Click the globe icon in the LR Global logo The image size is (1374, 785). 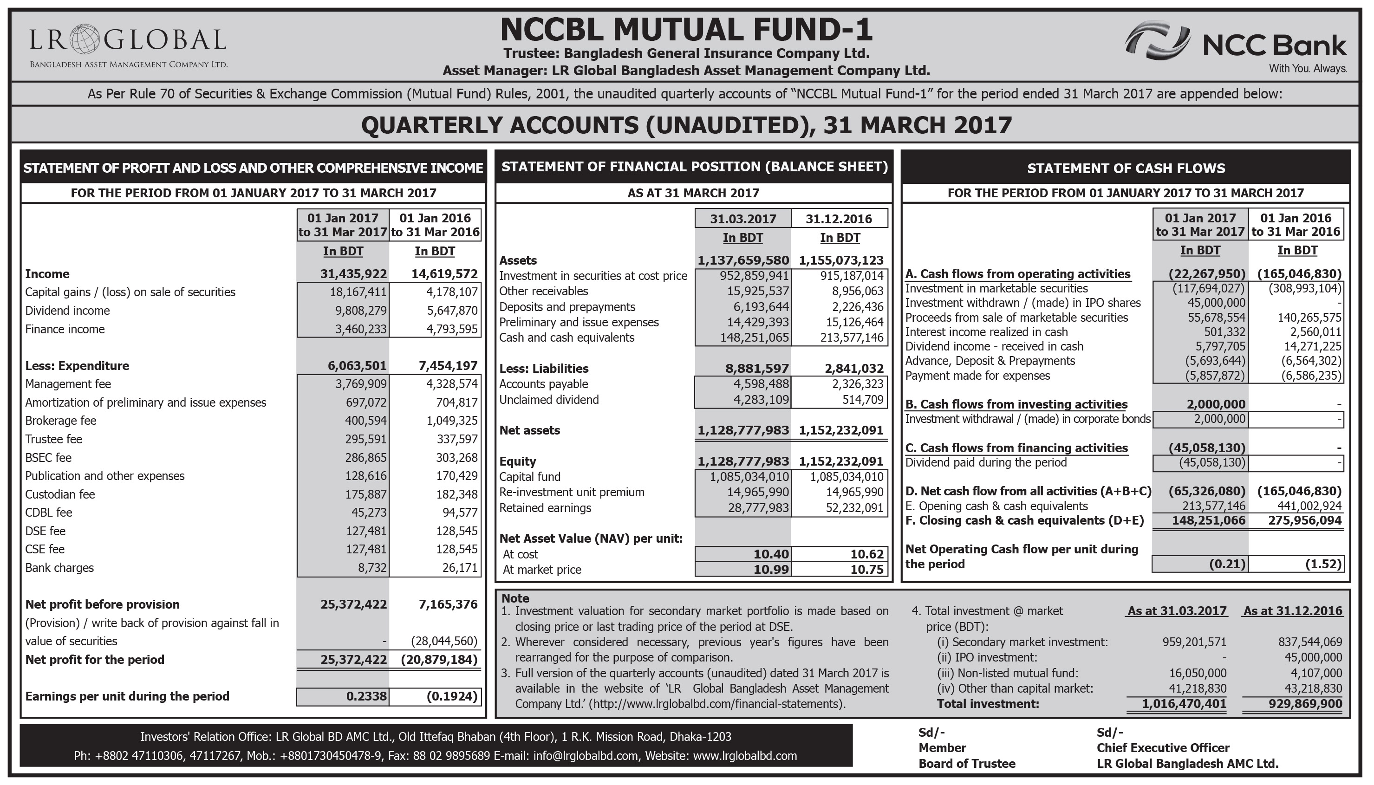point(85,39)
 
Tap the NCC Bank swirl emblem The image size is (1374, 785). point(1157,42)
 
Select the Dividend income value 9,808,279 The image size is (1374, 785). point(357,311)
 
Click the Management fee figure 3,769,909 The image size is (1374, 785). point(357,384)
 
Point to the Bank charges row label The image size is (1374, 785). point(59,568)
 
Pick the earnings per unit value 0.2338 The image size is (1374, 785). point(366,697)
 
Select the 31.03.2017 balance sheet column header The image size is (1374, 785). point(742,219)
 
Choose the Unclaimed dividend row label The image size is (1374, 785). point(548,400)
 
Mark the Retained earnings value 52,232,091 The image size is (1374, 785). point(854,508)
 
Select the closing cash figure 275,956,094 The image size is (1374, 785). point(1304,521)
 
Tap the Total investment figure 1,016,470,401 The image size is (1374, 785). point(1184,704)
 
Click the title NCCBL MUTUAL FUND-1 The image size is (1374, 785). point(686,30)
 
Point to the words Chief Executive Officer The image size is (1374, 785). point(1163,748)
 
